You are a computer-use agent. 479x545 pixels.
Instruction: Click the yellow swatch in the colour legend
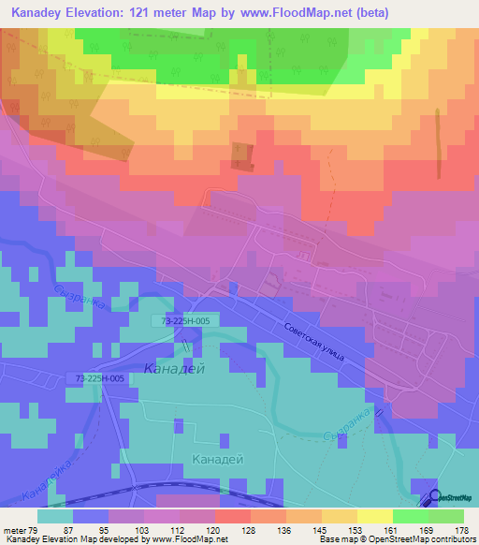(x=374, y=516)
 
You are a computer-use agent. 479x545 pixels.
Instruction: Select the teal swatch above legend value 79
(x=55, y=516)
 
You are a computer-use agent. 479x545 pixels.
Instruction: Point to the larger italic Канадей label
(x=175, y=369)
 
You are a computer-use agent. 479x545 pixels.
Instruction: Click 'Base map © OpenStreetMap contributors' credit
(x=396, y=539)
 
